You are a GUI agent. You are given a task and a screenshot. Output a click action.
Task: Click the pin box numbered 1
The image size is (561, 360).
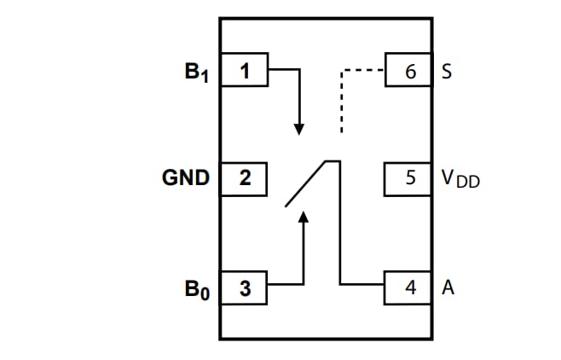pyautogui.click(x=245, y=71)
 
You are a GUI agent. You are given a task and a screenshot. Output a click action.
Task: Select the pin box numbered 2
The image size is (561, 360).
pyautogui.click(x=245, y=178)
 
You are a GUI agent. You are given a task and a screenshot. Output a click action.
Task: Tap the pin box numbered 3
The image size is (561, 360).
pyautogui.click(x=245, y=288)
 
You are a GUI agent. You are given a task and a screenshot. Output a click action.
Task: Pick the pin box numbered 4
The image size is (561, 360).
pyautogui.click(x=410, y=288)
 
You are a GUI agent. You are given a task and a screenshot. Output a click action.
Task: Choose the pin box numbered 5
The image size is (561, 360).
pyautogui.click(x=410, y=178)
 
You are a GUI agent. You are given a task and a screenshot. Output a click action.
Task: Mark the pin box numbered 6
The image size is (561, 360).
pyautogui.click(x=410, y=71)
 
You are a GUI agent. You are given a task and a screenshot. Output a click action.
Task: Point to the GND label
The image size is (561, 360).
pyautogui.click(x=186, y=178)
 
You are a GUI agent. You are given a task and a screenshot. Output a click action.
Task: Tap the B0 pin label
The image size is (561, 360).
pyautogui.click(x=197, y=289)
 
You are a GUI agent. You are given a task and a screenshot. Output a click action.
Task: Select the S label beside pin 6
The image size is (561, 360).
pyautogui.click(x=447, y=71)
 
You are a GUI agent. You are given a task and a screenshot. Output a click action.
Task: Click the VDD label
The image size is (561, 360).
pyautogui.click(x=460, y=179)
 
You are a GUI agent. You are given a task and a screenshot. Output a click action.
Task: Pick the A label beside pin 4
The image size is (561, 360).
pyautogui.click(x=448, y=288)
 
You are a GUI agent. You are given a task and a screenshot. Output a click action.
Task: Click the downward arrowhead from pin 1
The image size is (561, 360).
pyautogui.click(x=299, y=128)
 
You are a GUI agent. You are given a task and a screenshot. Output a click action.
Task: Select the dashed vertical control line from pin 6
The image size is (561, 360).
pyautogui.click(x=341, y=102)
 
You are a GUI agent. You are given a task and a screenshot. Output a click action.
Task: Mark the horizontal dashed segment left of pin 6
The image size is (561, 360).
pyautogui.click(x=363, y=71)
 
